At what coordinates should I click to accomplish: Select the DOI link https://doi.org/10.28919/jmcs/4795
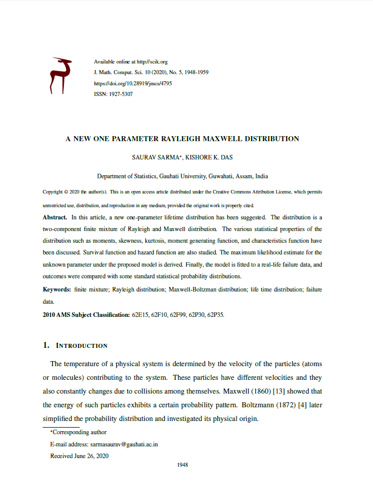click(x=133, y=83)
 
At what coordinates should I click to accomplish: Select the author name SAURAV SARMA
click(x=155, y=157)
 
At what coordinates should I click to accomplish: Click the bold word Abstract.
click(x=54, y=217)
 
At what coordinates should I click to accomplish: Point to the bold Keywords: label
click(x=56, y=289)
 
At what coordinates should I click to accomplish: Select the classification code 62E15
click(x=140, y=315)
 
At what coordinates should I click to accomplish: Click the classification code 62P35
click(x=216, y=315)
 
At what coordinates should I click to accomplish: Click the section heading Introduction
click(x=81, y=346)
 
